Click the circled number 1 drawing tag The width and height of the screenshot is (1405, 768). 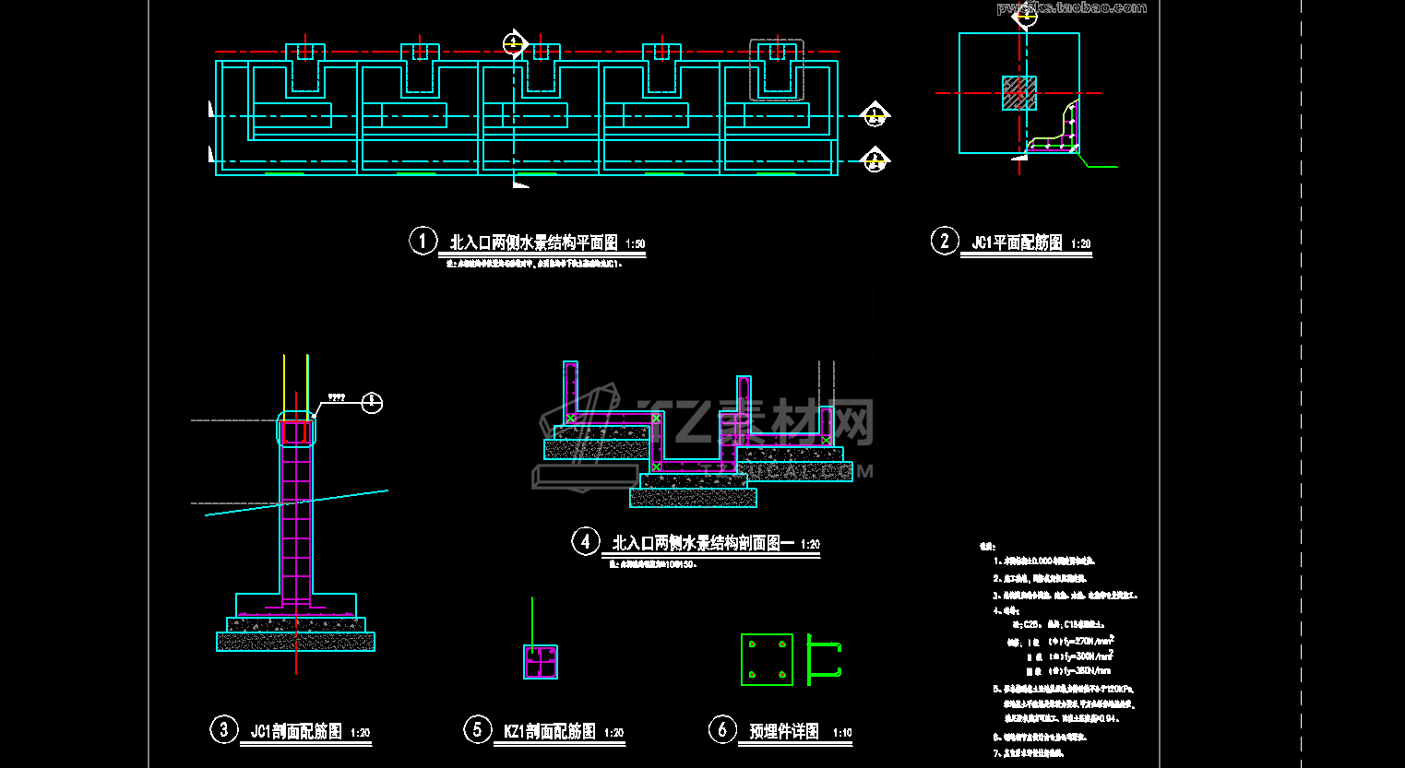pyautogui.click(x=423, y=241)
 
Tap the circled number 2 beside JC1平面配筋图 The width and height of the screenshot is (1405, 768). pyautogui.click(x=944, y=241)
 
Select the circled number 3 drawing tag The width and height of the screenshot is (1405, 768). pyautogui.click(x=223, y=730)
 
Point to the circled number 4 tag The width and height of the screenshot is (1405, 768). pyautogui.click(x=585, y=541)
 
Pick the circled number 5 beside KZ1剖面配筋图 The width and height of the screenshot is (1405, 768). pyautogui.click(x=477, y=730)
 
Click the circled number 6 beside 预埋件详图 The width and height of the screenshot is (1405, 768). pyautogui.click(x=722, y=730)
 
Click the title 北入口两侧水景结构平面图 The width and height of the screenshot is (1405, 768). pyautogui.click(x=533, y=242)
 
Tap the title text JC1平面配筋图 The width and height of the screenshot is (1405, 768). pyautogui.click(x=1017, y=242)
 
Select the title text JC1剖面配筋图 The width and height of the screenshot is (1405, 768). pyautogui.click(x=296, y=732)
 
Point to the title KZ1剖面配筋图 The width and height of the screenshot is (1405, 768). pyautogui.click(x=549, y=732)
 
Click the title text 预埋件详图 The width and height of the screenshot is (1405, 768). pyautogui.click(x=784, y=732)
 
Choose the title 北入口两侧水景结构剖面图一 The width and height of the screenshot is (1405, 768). pyautogui.click(x=703, y=543)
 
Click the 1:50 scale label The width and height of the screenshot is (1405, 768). pyautogui.click(x=636, y=244)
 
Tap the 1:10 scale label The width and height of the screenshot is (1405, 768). pyautogui.click(x=842, y=733)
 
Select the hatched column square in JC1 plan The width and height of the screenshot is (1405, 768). pyautogui.click(x=1019, y=93)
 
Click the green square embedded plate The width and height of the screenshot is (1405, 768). pyautogui.click(x=767, y=659)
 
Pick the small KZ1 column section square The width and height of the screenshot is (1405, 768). pyautogui.click(x=541, y=662)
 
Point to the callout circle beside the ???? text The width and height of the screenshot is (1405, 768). pyautogui.click(x=371, y=402)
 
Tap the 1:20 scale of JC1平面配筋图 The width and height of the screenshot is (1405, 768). pyautogui.click(x=1081, y=244)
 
